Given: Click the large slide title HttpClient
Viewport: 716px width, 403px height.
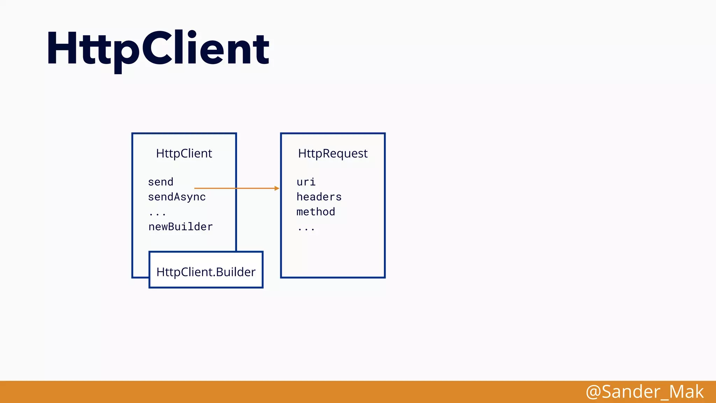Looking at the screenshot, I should [x=158, y=49].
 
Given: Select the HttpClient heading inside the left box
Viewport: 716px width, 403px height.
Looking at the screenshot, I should [x=184, y=153].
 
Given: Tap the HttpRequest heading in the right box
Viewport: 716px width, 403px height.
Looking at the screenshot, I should [x=333, y=153].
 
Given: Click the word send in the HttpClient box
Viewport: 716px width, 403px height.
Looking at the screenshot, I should [x=160, y=182].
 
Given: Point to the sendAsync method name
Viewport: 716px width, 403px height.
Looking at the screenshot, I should [x=177, y=197].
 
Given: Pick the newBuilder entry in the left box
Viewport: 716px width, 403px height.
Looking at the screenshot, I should [x=180, y=227].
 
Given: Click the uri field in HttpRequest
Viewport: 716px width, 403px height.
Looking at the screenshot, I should [x=306, y=182].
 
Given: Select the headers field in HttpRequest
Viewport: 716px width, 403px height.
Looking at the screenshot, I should [x=319, y=197].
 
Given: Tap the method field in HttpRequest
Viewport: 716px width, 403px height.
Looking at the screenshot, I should [x=316, y=212].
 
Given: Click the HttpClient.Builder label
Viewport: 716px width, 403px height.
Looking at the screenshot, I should [x=206, y=272].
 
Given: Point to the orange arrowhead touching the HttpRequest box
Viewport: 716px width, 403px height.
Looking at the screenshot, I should [x=277, y=188].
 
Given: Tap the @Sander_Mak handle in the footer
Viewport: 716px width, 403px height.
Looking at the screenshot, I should [x=645, y=391].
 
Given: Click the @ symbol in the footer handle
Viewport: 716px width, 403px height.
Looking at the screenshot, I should [x=593, y=392].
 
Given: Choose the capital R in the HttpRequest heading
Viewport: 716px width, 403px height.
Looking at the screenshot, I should [x=326, y=153].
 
